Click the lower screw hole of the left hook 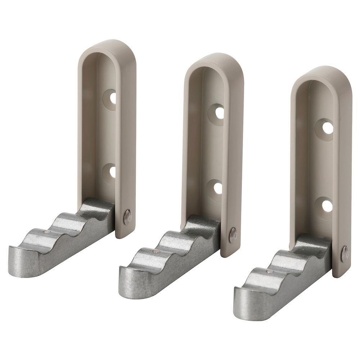pos(112,172)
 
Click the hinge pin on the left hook pos(127,217)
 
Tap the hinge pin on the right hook pos(345,253)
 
